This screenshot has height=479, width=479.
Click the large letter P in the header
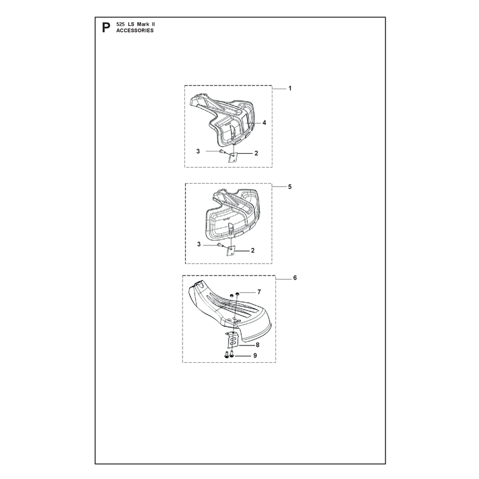tap(106, 28)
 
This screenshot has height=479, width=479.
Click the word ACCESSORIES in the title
tap(135, 31)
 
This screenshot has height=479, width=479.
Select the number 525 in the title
tap(120, 24)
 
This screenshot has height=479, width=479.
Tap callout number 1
tap(290, 88)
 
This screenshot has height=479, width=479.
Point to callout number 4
tap(264, 123)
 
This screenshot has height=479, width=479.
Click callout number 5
tap(290, 187)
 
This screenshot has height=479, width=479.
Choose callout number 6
tap(295, 278)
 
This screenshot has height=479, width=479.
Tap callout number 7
tap(259, 292)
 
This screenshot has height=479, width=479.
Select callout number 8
tap(257, 345)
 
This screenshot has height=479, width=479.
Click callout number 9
tap(255, 356)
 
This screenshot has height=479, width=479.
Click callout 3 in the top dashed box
tap(198, 151)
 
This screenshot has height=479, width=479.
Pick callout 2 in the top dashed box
tap(256, 153)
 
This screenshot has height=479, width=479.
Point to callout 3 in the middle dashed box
tap(199, 244)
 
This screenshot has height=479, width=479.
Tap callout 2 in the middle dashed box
tap(253, 250)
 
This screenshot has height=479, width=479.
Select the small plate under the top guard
tap(233, 157)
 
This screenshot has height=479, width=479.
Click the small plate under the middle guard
tap(231, 251)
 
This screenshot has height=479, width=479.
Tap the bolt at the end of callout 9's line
tap(232, 354)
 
